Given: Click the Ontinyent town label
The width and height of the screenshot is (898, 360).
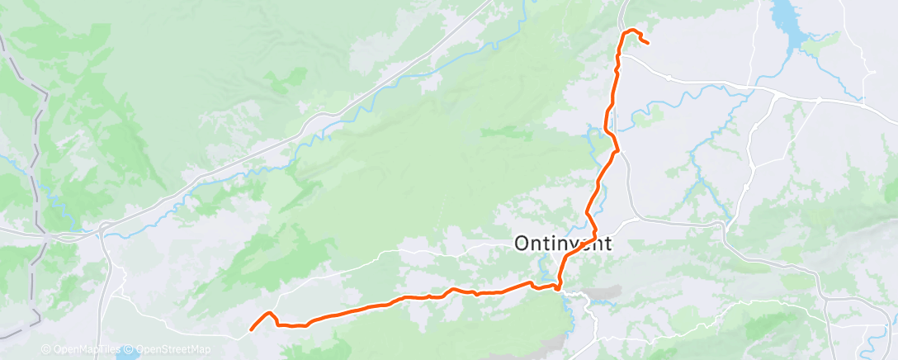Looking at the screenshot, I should pos(563,243).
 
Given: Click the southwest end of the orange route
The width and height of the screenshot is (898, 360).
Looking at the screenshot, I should pos(252,330).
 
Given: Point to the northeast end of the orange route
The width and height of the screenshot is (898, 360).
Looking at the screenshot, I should pos(648,43).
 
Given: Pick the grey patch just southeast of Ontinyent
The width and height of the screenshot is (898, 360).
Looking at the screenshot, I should pos(607,294).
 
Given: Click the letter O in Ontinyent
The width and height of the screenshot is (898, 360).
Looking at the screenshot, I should pos(522,243).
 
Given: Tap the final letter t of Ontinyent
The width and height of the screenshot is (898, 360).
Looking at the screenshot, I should pos(608,243).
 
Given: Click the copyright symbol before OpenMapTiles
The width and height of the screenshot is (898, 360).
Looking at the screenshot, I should pos(46,349).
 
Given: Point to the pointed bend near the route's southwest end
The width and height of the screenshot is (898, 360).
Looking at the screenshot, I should pos(269,314).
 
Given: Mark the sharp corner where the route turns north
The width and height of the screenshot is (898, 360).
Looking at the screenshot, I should pos(559,287).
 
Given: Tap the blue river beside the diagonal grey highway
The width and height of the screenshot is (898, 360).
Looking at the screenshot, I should pos(330,124).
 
